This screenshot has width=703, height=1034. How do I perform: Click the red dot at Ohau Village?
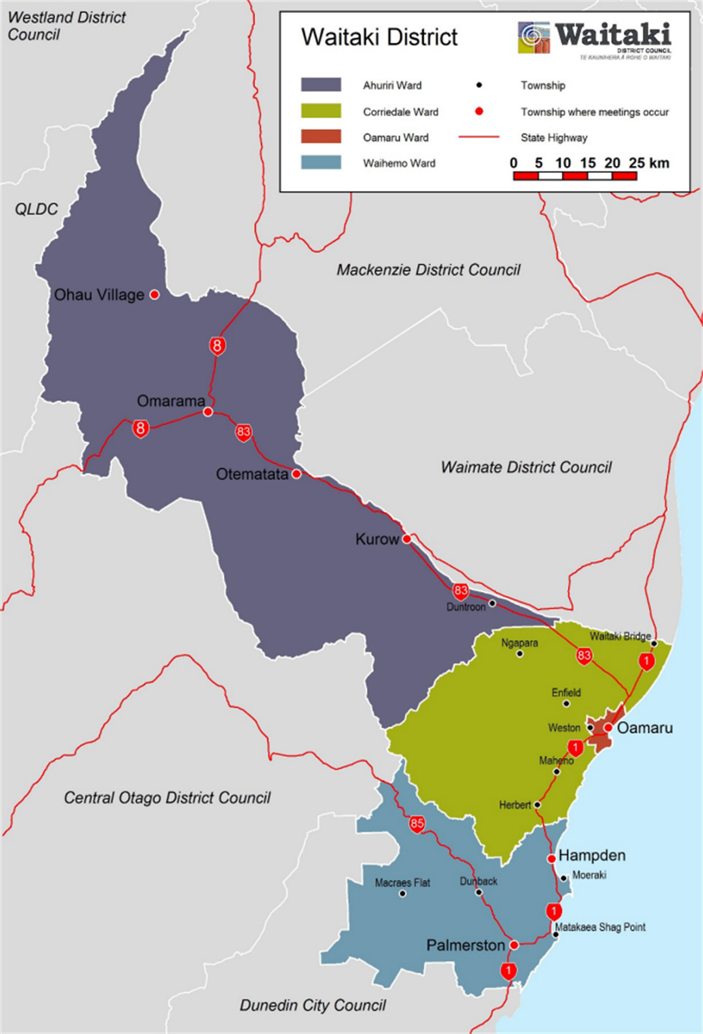(154, 295)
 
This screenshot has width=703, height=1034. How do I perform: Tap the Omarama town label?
(171, 401)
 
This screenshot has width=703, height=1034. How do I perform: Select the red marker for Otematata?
(296, 474)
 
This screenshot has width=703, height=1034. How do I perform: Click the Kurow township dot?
(407, 539)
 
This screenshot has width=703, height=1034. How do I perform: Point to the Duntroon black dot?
(492, 603)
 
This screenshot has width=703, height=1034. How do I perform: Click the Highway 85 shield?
(417, 824)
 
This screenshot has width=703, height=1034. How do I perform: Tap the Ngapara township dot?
(519, 653)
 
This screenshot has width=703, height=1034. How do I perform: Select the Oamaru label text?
(644, 728)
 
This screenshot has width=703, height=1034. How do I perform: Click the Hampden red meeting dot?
(551, 858)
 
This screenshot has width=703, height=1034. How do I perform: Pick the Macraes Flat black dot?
(402, 893)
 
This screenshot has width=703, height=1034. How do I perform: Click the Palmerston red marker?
(514, 945)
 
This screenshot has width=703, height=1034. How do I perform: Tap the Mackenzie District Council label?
(428, 269)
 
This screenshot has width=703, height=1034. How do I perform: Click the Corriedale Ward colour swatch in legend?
(320, 111)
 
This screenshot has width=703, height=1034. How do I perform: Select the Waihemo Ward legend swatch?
(320, 163)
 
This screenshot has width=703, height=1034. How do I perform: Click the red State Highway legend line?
(478, 137)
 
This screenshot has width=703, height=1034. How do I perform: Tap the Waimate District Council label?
(526, 467)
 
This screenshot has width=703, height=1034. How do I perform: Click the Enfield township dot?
(566, 703)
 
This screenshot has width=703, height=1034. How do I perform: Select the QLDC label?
(36, 209)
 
